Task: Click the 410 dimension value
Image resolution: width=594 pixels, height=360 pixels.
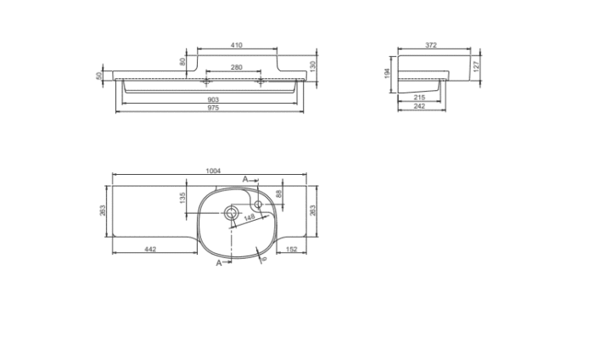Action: pyautogui.click(x=236, y=45)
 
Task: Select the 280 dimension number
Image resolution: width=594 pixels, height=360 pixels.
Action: pyautogui.click(x=236, y=66)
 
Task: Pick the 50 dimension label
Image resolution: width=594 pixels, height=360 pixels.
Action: pyautogui.click(x=100, y=76)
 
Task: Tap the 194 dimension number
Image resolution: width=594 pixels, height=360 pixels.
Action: pyautogui.click(x=387, y=74)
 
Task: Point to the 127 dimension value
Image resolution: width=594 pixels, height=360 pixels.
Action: pyautogui.click(x=477, y=65)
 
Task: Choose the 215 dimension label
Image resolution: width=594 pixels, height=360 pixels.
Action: pyautogui.click(x=419, y=99)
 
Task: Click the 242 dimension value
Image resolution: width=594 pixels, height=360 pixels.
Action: pyautogui.click(x=419, y=109)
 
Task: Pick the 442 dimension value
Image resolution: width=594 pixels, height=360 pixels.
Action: pyautogui.click(x=149, y=249)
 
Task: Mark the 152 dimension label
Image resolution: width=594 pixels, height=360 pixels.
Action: pyautogui.click(x=290, y=249)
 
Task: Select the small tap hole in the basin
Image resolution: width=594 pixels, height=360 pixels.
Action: pyautogui.click(x=259, y=204)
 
